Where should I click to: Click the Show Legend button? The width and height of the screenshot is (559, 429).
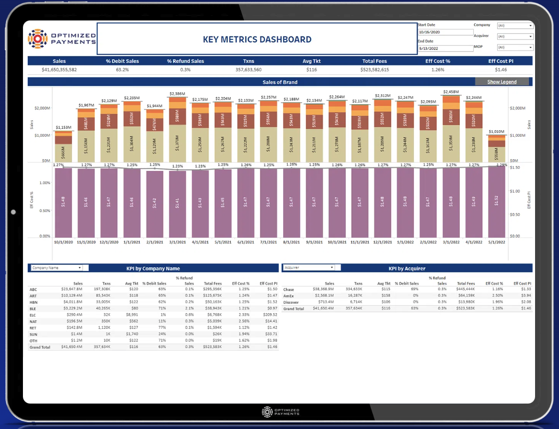502,82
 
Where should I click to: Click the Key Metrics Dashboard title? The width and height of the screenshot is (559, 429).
257,39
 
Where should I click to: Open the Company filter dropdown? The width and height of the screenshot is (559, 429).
515,25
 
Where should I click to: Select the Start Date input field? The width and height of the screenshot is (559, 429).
445,32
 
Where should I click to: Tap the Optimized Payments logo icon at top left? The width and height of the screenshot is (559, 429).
37,39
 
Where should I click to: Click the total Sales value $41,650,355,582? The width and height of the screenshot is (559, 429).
59,70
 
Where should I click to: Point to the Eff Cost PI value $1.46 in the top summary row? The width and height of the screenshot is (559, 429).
501,70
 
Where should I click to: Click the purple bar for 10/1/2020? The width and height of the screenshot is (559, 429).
63,202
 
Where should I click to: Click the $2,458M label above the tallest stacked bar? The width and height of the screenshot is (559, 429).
451,92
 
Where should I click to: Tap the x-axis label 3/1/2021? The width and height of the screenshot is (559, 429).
178,242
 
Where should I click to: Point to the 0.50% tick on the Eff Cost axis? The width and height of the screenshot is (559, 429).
45,210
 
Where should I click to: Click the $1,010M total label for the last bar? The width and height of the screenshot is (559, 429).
497,132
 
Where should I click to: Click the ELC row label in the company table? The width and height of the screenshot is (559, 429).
33,315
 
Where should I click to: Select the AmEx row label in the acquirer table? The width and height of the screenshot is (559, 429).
289,296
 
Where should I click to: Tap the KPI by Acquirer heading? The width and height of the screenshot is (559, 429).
407,268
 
